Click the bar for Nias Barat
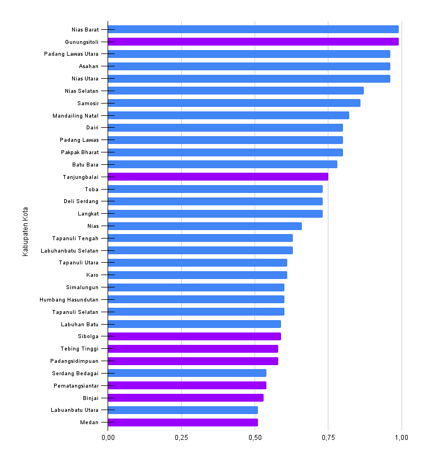[253, 29]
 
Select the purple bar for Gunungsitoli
[253, 42]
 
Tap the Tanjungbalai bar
[218, 177]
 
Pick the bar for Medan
[183, 422]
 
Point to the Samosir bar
[234, 103]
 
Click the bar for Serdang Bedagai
[187, 373]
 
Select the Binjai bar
[186, 398]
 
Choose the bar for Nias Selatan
[235, 91]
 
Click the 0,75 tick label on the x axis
[328, 437]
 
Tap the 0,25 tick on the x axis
[181, 437]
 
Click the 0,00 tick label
[108, 437]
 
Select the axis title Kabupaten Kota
[25, 232]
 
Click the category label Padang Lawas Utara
[72, 54]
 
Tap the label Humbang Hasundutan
[69, 299]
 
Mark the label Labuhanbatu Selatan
[70, 250]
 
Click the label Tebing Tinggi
[79, 349]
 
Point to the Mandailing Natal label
[75, 115]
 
